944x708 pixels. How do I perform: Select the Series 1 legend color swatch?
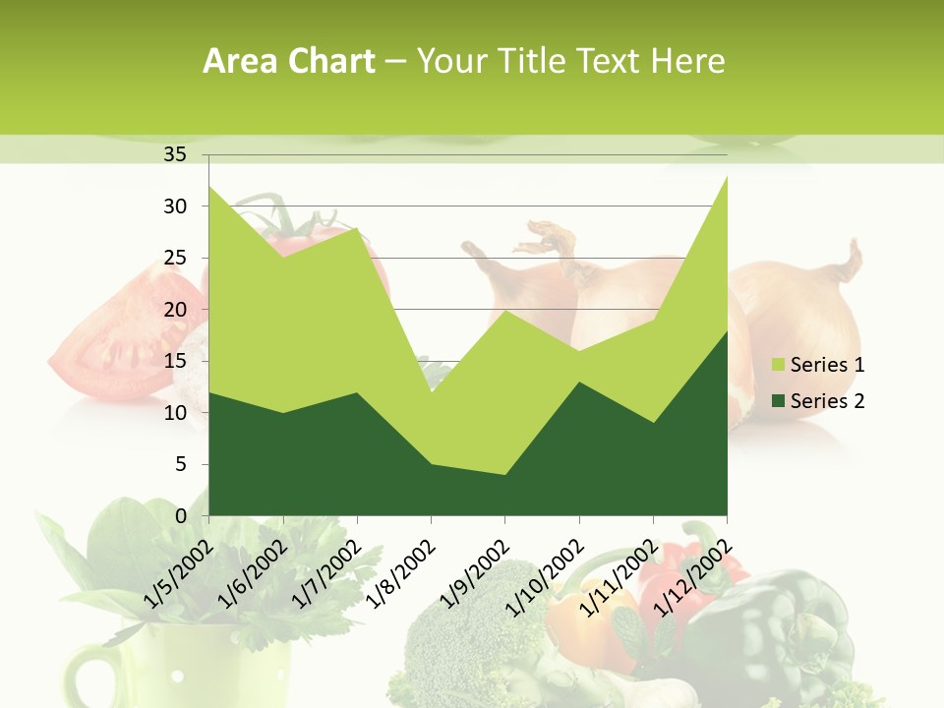click(x=779, y=365)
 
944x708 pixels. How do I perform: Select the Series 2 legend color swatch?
click(x=779, y=400)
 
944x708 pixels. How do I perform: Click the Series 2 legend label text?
click(x=827, y=400)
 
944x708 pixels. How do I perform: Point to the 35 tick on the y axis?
click(x=174, y=154)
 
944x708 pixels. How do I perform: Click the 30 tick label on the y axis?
click(x=174, y=206)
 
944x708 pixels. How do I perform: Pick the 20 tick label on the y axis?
click(x=174, y=310)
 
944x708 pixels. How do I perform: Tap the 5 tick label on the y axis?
click(x=180, y=464)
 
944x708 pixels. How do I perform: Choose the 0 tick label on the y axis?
click(x=180, y=515)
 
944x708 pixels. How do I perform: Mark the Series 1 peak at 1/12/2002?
click(x=726, y=176)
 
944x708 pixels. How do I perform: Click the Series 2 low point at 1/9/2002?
click(x=504, y=475)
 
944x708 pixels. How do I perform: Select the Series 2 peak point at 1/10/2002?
click(x=578, y=382)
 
